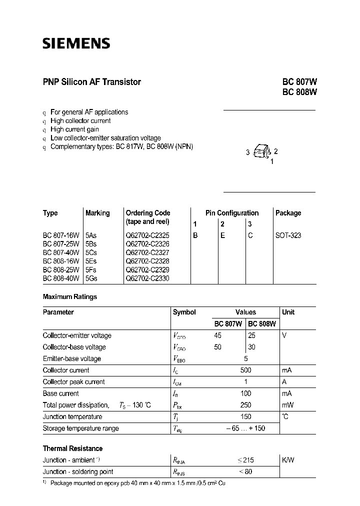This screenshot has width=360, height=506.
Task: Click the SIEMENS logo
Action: coord(76,43)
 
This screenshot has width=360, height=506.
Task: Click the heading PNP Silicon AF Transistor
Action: coord(92,82)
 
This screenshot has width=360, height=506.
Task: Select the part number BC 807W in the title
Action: coord(299,82)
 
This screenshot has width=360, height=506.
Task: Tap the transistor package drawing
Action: coord(261,151)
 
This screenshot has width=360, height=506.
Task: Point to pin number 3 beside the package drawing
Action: coord(247,152)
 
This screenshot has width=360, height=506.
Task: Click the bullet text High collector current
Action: coord(80,120)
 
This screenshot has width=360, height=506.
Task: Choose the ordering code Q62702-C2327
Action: coord(147,252)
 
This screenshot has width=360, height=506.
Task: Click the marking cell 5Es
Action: coord(92,261)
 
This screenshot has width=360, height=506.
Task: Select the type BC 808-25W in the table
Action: coord(61,269)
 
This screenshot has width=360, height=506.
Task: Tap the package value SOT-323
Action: coord(288,235)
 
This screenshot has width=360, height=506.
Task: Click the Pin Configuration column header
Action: coord(232,213)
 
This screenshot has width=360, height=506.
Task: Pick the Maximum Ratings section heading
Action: coord(70,296)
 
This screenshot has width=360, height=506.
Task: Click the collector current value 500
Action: coord(245,370)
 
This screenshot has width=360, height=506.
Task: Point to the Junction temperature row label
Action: coord(72,416)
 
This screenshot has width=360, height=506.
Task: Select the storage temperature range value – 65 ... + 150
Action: coord(245,428)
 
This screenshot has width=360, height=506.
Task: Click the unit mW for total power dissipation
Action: coord(287,405)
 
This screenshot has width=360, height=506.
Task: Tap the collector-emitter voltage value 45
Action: coord(217,335)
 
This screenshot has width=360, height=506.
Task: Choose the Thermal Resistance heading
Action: coord(72,448)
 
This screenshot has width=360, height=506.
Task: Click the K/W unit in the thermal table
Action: coord(288,460)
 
